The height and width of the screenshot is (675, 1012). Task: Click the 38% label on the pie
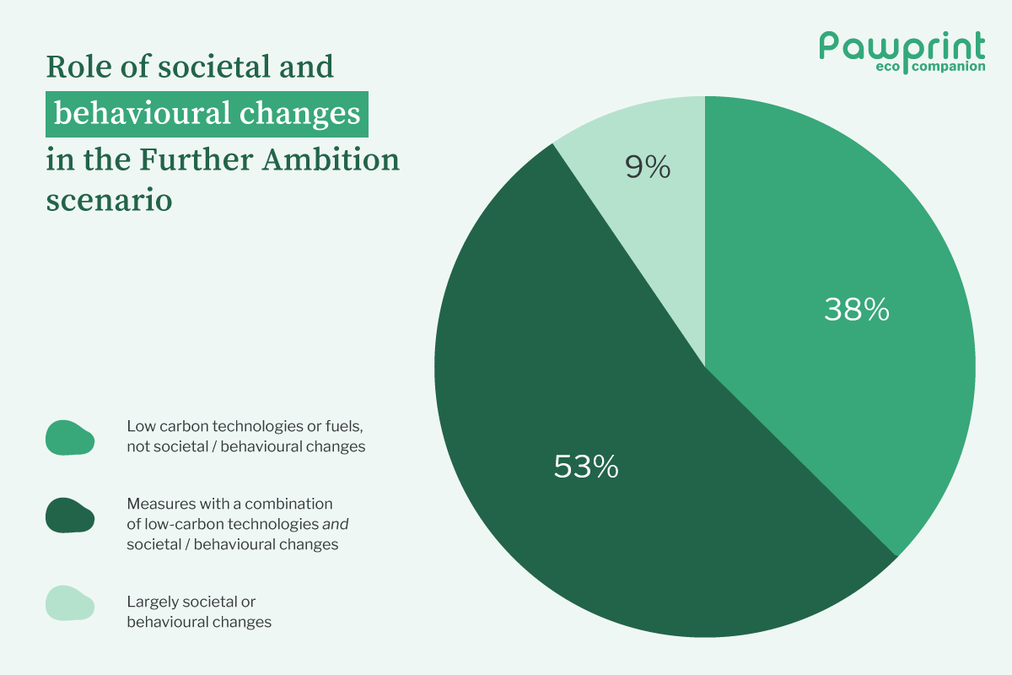pyautogui.click(x=856, y=310)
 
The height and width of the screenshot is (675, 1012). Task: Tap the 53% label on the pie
pyautogui.click(x=586, y=467)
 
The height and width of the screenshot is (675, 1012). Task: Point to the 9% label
pyautogui.click(x=648, y=168)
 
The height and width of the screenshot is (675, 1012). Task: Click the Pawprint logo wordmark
pyautogui.click(x=902, y=46)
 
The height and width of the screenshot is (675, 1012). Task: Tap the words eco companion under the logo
pyautogui.click(x=939, y=67)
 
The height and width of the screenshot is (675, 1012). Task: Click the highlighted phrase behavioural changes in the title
pyautogui.click(x=207, y=114)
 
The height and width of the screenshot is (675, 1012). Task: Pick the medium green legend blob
pyautogui.click(x=70, y=438)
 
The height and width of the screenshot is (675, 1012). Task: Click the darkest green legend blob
pyautogui.click(x=70, y=515)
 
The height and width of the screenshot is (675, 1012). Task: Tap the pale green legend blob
pyautogui.click(x=70, y=602)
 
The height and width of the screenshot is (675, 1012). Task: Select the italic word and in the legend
pyautogui.click(x=335, y=524)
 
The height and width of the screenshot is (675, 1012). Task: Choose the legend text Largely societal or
pyautogui.click(x=191, y=602)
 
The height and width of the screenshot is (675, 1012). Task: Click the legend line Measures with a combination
pyautogui.click(x=229, y=504)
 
